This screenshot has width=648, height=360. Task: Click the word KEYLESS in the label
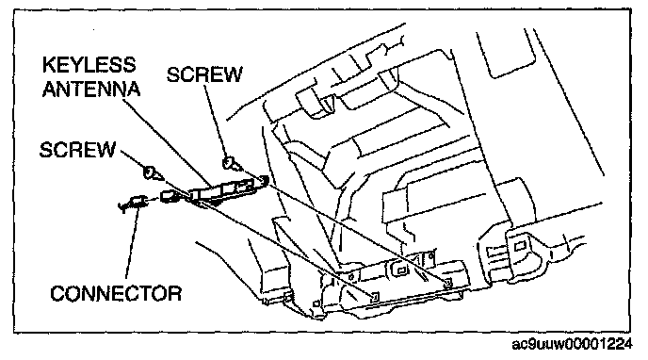click(89, 65)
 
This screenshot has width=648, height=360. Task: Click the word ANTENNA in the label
click(91, 89)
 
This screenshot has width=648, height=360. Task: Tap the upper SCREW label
click(204, 74)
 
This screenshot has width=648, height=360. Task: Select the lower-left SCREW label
click(77, 150)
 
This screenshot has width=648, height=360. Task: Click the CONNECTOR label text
click(116, 293)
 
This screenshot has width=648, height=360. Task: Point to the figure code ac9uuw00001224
click(572, 344)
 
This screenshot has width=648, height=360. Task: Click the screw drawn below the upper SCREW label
click(232, 164)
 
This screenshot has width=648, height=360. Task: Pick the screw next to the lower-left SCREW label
click(153, 172)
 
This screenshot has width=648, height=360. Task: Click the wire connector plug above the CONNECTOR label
click(133, 203)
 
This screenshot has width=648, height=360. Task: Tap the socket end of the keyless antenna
click(170, 196)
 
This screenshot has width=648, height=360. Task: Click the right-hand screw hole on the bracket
click(447, 283)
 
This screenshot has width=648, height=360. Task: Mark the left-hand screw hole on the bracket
click(375, 296)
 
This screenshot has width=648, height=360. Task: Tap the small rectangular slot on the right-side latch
click(520, 247)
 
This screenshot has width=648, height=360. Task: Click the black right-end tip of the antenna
click(264, 180)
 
